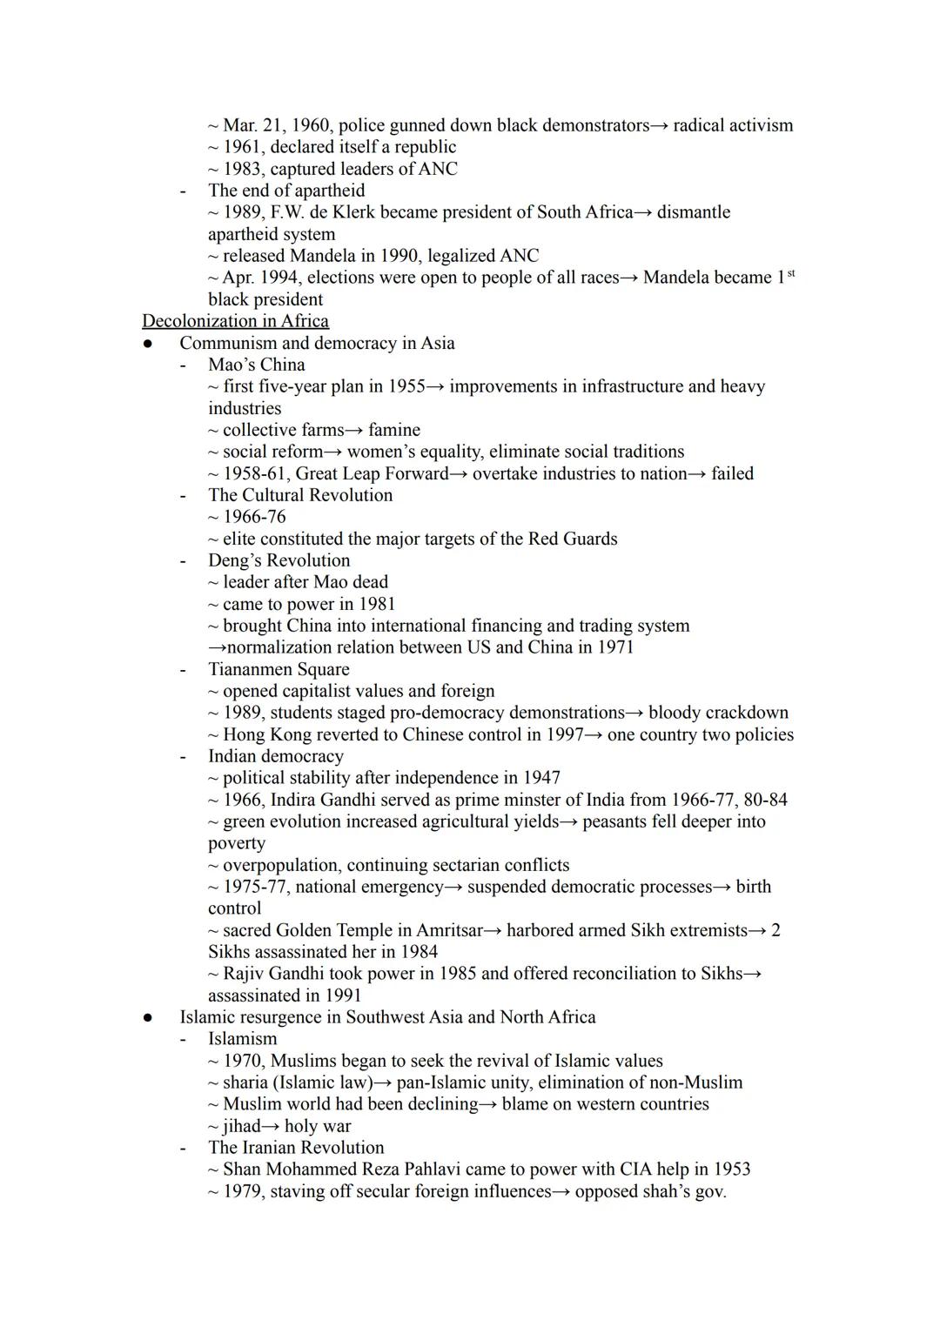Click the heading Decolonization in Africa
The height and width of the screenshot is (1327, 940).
235,321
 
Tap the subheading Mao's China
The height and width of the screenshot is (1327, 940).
256,365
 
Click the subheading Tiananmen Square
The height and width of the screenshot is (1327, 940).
279,669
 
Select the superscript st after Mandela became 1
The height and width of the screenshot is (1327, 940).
790,273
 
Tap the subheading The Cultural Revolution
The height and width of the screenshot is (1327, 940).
299,495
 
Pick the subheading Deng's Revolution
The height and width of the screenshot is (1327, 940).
279,560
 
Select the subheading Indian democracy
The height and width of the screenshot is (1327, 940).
275,756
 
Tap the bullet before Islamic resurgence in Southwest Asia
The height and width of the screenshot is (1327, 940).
149,1017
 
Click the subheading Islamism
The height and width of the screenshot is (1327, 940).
242,1039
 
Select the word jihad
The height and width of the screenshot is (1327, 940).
241,1126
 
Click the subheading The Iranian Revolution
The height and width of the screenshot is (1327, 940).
295,1148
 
